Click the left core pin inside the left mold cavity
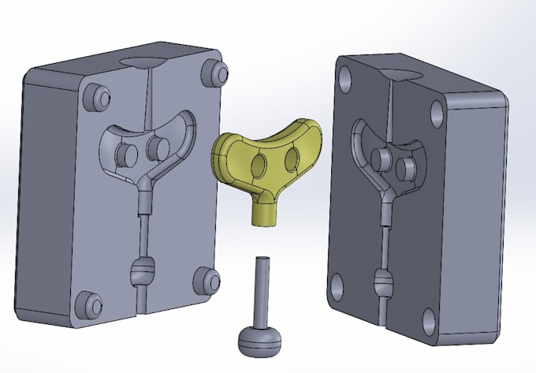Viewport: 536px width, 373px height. point(125,153)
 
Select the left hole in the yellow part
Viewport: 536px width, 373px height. point(259,164)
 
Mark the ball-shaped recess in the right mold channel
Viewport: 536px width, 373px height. point(384,279)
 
